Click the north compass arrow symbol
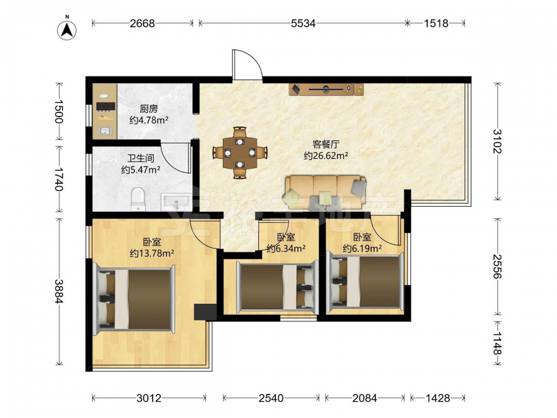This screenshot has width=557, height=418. point(67,30)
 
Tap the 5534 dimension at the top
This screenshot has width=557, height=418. point(303,23)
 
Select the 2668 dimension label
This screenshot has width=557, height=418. point(142,23)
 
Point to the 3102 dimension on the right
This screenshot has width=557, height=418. point(497,141)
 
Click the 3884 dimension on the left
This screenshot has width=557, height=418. point(59,291)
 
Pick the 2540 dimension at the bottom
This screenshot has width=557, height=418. point(271,398)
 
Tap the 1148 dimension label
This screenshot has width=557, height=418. point(497,343)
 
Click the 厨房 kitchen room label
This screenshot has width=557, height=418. point(149,109)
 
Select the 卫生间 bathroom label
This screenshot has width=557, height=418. point(141,158)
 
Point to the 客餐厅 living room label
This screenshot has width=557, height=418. point(326,144)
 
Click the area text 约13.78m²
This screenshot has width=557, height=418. point(152,254)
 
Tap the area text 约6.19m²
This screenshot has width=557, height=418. point(363,248)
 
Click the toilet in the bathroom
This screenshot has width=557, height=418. point(138,200)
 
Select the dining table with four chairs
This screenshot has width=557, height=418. point(240,153)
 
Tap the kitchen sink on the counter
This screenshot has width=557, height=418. point(105,130)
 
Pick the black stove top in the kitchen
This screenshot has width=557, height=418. point(106,106)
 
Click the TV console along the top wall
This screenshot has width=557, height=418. point(326,89)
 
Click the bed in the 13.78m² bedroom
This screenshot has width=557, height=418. point(134,299)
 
